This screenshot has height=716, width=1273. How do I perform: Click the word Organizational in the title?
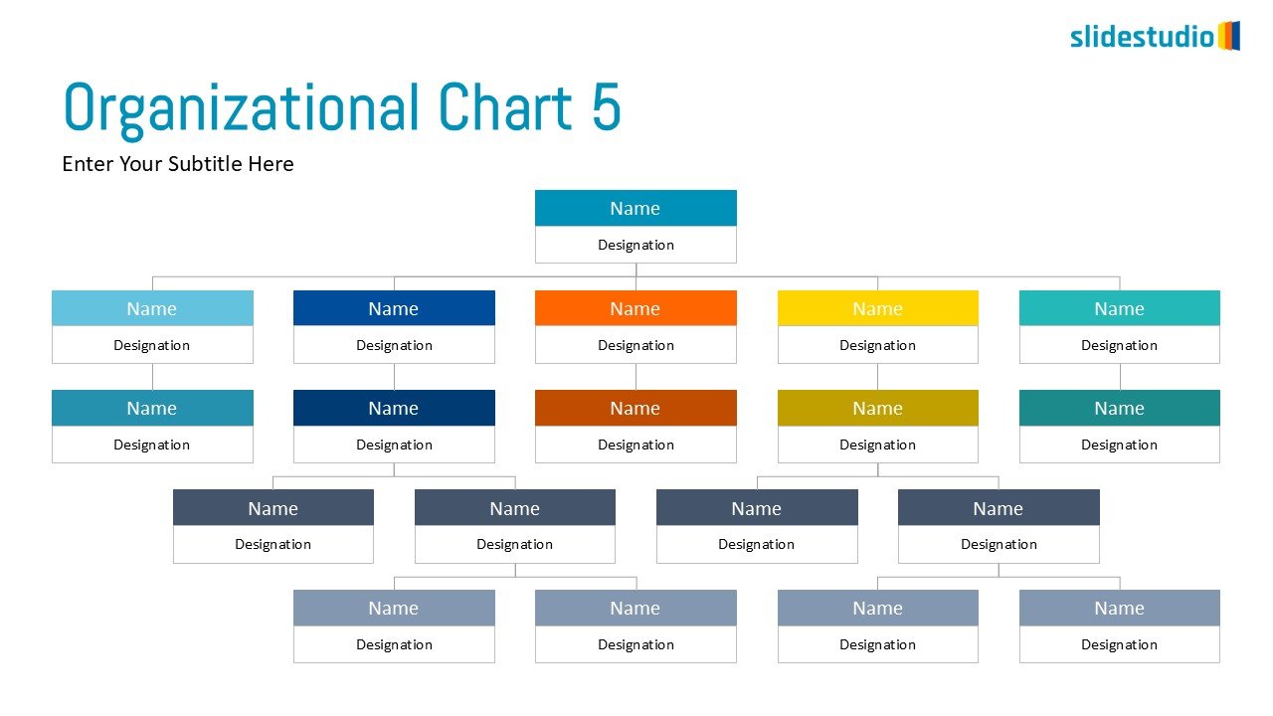(x=242, y=109)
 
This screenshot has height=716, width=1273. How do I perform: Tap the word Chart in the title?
(x=504, y=106)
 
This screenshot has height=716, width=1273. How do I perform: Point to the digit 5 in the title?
(x=606, y=106)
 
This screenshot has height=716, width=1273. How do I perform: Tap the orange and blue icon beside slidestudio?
(x=1229, y=36)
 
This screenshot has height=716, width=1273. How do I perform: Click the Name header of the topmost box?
(x=636, y=208)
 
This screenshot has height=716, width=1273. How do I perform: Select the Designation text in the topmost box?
(x=636, y=245)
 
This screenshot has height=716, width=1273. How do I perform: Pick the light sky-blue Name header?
(x=152, y=308)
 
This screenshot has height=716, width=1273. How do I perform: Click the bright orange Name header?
(x=636, y=308)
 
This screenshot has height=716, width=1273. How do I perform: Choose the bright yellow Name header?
(x=877, y=308)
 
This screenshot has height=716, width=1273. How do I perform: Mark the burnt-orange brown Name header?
(x=636, y=408)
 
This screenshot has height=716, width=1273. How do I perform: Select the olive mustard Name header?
(x=877, y=408)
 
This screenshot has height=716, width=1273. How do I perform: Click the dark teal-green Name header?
(x=1120, y=408)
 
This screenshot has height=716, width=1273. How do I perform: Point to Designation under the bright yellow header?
(x=877, y=345)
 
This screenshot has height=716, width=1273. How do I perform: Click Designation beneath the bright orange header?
(x=636, y=345)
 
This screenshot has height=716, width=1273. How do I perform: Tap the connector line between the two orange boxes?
(x=636, y=377)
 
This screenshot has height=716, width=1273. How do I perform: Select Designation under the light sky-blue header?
(x=152, y=345)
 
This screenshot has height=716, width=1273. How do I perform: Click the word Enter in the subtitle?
(x=88, y=164)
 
